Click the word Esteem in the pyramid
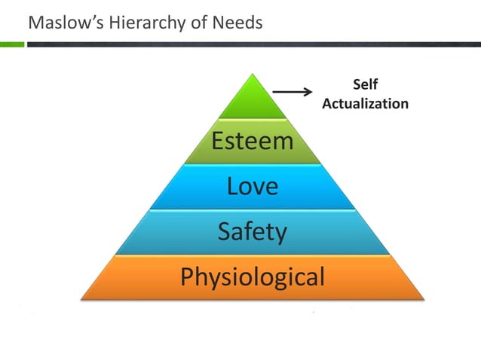click(252, 140)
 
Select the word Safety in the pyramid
click(252, 231)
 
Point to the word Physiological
click(253, 277)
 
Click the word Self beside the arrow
click(365, 85)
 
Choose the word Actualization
click(365, 103)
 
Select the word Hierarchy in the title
click(135, 23)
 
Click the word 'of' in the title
click(191, 23)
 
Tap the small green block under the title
click(12, 44)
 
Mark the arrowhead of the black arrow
click(308, 93)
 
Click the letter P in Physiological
click(188, 276)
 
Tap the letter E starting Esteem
click(218, 140)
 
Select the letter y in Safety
click(280, 233)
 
